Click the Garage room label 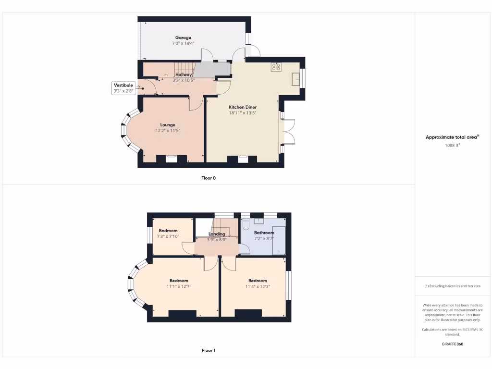183,37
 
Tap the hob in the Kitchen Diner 276,67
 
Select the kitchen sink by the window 295,79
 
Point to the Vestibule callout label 123,85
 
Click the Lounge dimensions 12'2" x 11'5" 168,131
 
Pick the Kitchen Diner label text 243,107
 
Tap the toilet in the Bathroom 246,223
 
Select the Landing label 217,234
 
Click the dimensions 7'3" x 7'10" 168,236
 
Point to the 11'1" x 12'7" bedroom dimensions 179,287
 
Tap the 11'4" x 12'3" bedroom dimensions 258,287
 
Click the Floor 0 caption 209,178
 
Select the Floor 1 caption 209,351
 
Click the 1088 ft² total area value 452,145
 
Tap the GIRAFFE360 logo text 452,344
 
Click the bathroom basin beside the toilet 259,221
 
